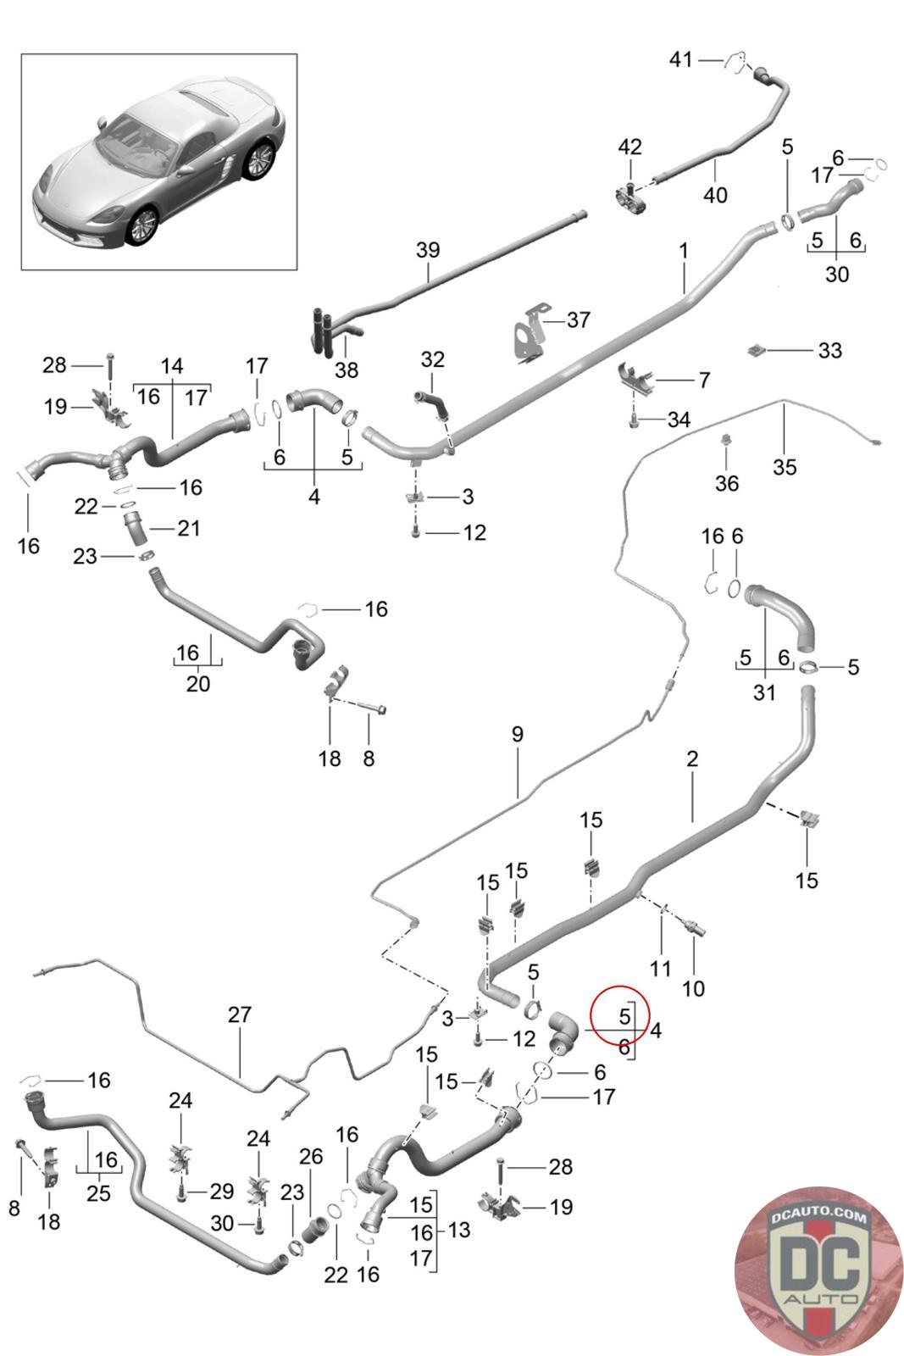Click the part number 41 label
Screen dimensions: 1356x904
pyautogui.click(x=681, y=59)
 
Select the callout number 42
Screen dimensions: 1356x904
pyautogui.click(x=629, y=147)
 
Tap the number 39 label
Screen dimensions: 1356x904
pyautogui.click(x=428, y=250)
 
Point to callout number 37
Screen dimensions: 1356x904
pyautogui.click(x=579, y=320)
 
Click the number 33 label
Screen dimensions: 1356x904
pyautogui.click(x=830, y=349)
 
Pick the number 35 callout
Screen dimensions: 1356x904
pyautogui.click(x=785, y=466)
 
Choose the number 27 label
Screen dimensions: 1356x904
pyautogui.click(x=240, y=1014)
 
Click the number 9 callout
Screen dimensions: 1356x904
pyautogui.click(x=517, y=734)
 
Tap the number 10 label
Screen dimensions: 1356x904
pyautogui.click(x=693, y=988)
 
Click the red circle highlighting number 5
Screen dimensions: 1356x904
pyautogui.click(x=620, y=1014)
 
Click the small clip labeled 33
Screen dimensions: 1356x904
pyautogui.click(x=757, y=348)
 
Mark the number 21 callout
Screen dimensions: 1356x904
pyautogui.click(x=188, y=528)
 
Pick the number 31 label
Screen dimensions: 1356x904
pyautogui.click(x=764, y=692)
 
